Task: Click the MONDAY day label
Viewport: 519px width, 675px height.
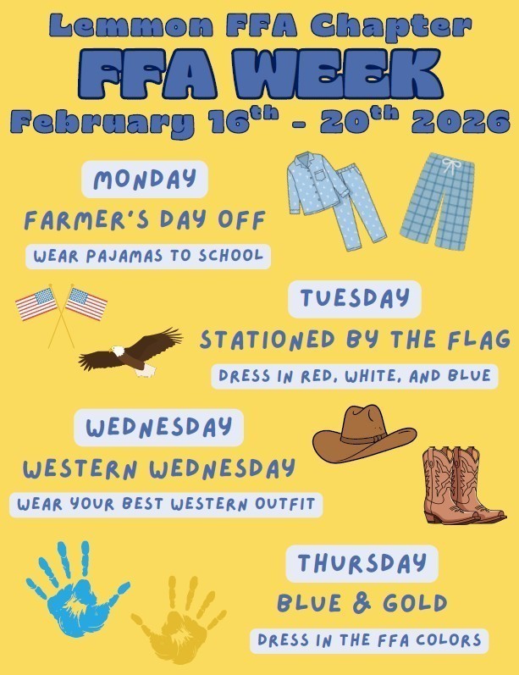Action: tap(144, 179)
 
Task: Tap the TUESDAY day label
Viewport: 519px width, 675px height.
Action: tap(354, 298)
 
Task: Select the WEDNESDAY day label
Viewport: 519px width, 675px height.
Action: tap(158, 427)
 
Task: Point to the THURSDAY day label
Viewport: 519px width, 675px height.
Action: tap(362, 563)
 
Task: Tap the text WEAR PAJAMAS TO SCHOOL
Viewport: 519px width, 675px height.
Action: tap(148, 255)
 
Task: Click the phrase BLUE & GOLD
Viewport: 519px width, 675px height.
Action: tap(362, 603)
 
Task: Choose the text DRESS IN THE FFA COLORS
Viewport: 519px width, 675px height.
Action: tap(370, 640)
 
